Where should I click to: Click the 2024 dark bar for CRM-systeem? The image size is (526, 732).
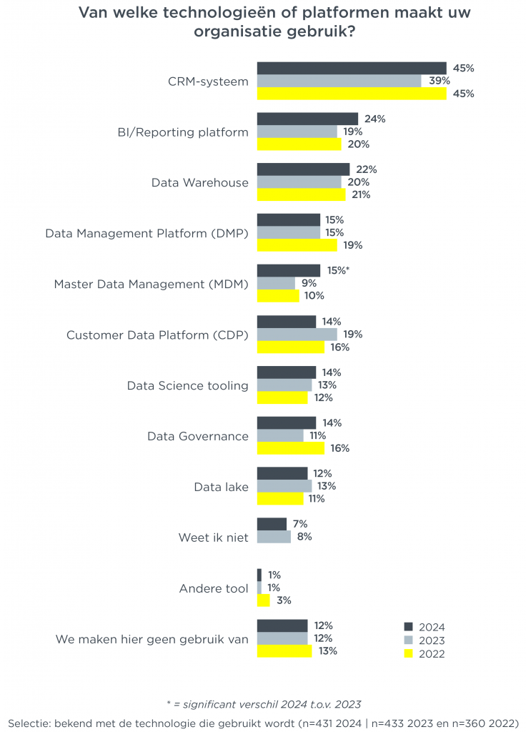(352, 68)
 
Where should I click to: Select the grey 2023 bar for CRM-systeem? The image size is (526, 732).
(339, 81)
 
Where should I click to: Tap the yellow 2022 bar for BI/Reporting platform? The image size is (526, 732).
(299, 144)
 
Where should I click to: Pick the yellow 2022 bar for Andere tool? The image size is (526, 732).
(263, 600)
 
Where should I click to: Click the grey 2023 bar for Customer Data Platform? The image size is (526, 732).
(297, 335)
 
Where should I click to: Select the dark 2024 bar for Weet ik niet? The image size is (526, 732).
(272, 524)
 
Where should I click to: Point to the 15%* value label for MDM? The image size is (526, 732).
(338, 270)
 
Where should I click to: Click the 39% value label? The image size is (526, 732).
(440, 81)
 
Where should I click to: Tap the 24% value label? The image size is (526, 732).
(374, 119)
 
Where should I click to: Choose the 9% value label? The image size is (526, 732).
(309, 283)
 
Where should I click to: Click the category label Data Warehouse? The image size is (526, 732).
(200, 182)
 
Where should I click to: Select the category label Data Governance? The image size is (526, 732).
(198, 436)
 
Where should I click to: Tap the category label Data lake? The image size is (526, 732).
(222, 487)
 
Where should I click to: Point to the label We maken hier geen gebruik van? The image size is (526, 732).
(152, 639)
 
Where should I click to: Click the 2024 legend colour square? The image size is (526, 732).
(408, 627)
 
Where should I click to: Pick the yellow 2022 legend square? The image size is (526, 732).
(408, 653)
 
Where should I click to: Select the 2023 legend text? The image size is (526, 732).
(432, 640)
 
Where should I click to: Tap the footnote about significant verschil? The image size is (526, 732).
(264, 704)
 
